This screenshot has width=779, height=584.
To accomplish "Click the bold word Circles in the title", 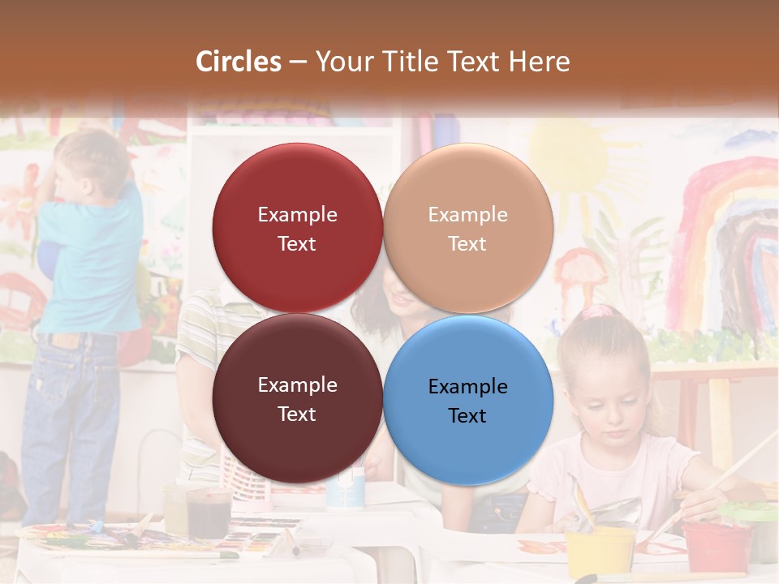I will point(239,62).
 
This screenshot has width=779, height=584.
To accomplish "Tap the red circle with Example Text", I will point(297,228).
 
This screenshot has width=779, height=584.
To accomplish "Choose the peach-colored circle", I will point(468,228).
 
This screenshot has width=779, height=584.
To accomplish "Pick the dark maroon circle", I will point(297,398).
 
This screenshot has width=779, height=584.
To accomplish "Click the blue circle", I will point(468,400).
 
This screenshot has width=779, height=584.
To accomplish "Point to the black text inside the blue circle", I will point(467,401).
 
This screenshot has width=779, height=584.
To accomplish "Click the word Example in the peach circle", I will point(467,214).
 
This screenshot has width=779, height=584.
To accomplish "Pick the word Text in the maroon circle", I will point(297,414).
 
